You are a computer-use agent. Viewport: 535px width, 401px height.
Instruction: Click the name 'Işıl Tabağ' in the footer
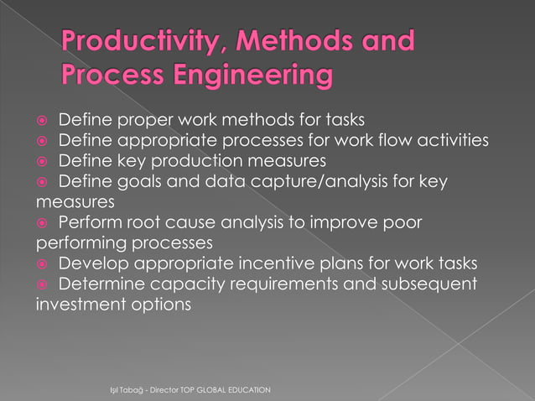click(x=118, y=391)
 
